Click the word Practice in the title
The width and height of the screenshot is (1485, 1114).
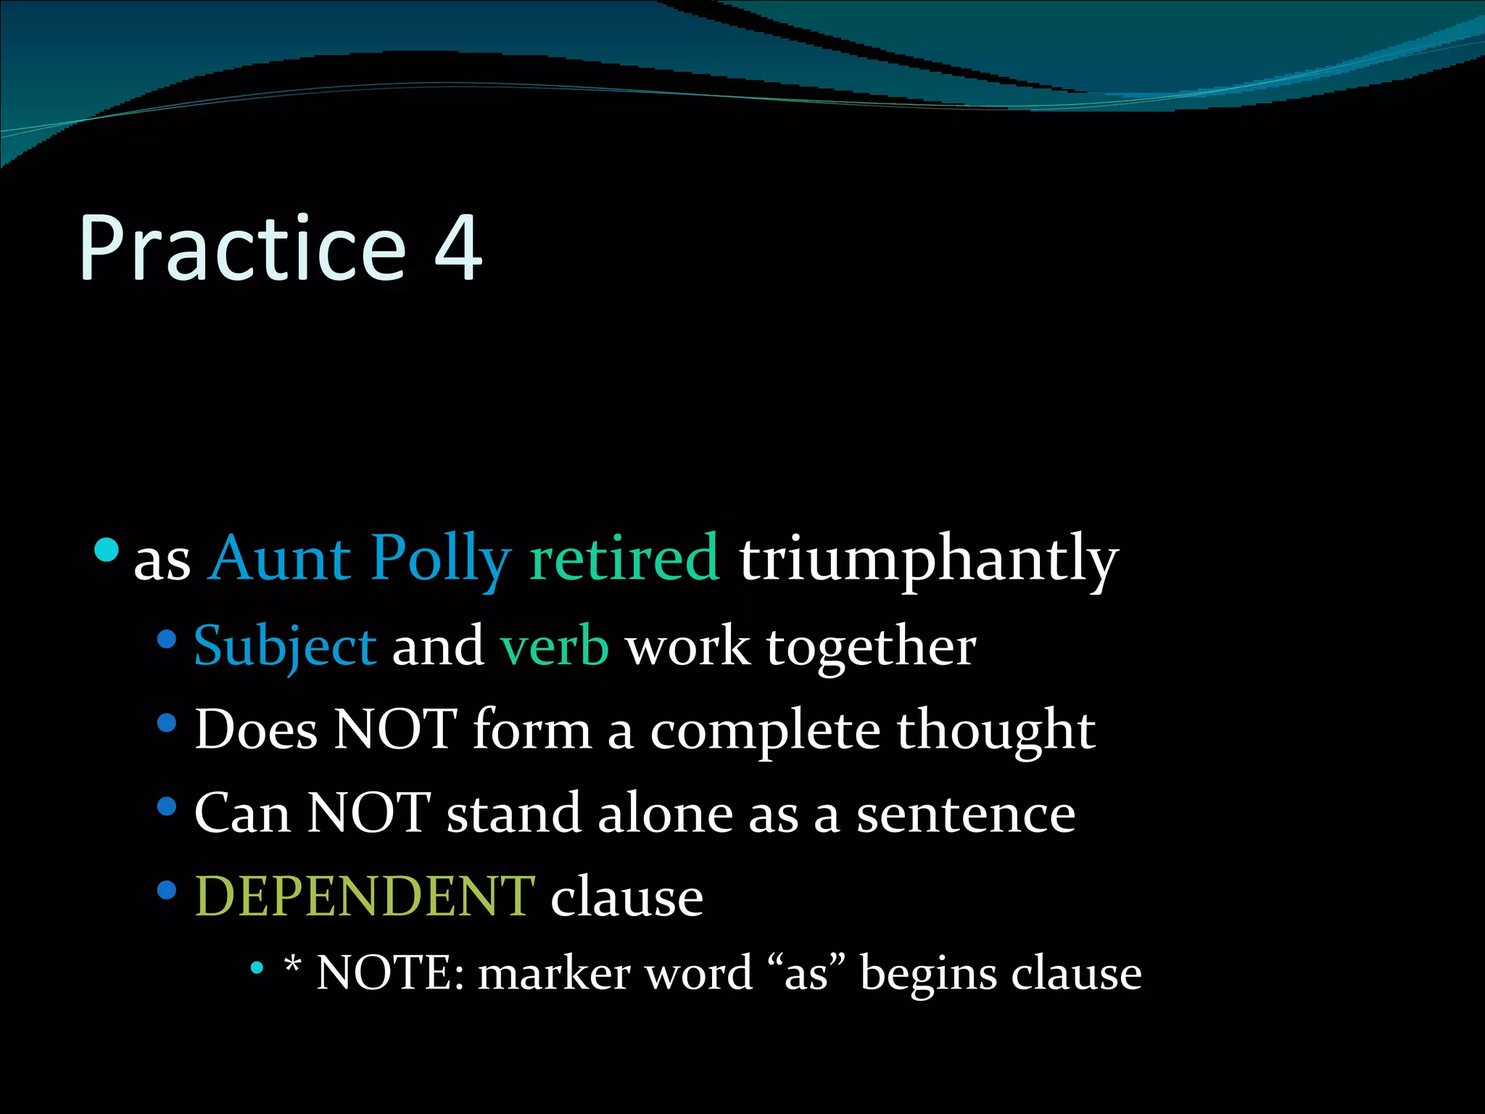coord(243,248)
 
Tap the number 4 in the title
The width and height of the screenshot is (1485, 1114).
coord(458,248)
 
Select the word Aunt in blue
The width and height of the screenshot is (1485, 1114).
coord(280,558)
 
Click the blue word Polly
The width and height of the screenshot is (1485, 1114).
coord(440,560)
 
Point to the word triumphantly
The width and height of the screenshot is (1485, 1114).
coord(929,560)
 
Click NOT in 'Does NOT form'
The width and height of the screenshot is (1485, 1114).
coord(395,730)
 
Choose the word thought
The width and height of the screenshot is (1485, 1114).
coord(996,730)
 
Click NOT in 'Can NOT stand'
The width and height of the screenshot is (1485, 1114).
coord(368,813)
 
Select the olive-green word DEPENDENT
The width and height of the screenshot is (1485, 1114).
coord(365,896)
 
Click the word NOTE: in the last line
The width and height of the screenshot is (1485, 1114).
coord(390,973)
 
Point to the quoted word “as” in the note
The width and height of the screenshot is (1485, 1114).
coord(806,973)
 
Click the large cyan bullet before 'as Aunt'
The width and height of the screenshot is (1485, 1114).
coord(107,550)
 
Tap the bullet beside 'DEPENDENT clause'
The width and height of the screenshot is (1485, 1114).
coord(167,890)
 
